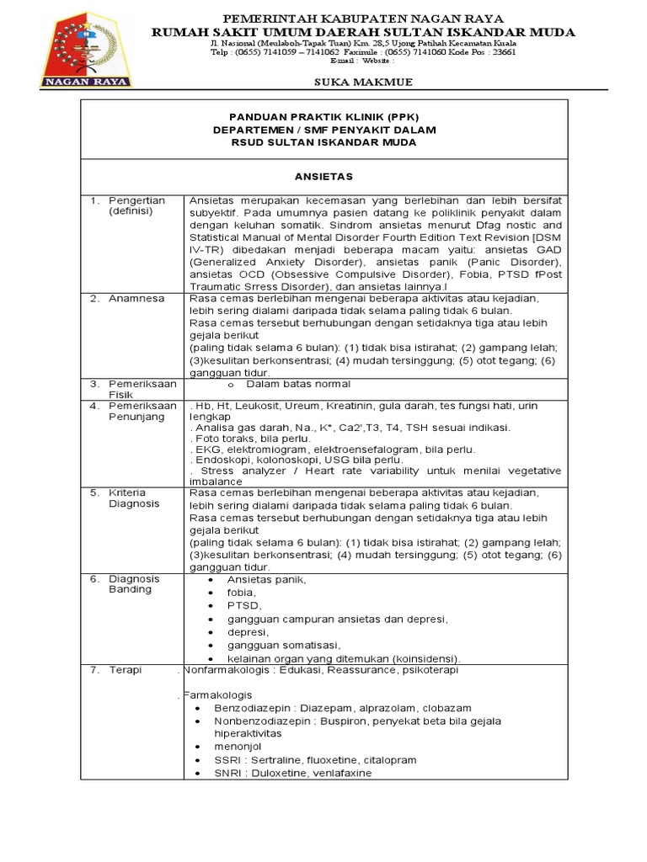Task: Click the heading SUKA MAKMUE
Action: pos(351,82)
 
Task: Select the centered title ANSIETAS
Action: pos(323,177)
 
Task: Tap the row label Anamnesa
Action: pos(136,298)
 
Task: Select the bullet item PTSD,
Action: pos(244,606)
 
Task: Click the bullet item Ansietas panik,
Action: pos(267,580)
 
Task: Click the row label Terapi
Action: pos(125,670)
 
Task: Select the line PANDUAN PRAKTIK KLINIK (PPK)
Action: pos(323,116)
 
